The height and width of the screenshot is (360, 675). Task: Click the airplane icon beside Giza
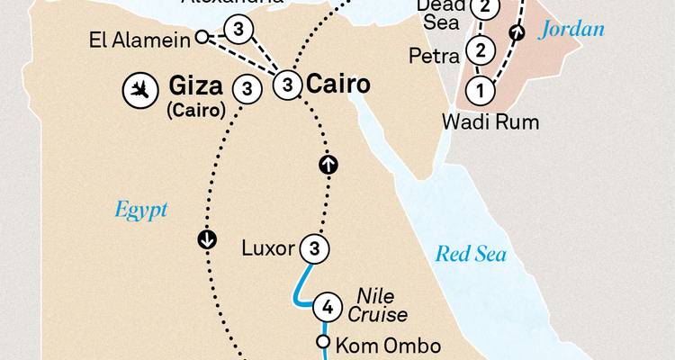pos(139,90)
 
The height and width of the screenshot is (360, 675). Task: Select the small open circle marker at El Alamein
pos(202,37)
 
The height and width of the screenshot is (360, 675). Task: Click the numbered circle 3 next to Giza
pos(247,89)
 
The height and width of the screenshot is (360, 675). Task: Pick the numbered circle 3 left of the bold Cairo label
pos(286,85)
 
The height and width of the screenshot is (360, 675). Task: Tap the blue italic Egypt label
pos(141,210)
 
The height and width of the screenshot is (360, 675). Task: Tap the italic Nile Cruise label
pos(382,305)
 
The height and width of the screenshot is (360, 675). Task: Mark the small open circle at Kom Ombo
pos(323,343)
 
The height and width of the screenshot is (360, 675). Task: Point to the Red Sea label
pos(471,254)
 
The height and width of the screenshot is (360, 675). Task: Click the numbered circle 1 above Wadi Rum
pos(481,90)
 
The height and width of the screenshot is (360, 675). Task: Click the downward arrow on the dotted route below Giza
pos(206,239)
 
